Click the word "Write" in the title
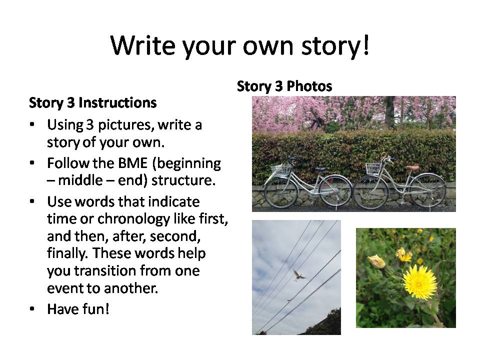(x=143, y=45)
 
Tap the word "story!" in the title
(x=335, y=46)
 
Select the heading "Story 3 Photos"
(x=284, y=86)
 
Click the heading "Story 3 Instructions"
(x=93, y=103)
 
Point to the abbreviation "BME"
(x=132, y=163)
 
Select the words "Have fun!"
(x=78, y=309)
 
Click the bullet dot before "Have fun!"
(x=32, y=309)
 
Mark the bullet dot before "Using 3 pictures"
(x=32, y=125)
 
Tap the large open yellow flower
(x=419, y=282)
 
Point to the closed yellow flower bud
(x=377, y=261)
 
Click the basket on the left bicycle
(x=281, y=169)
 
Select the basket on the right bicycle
(x=374, y=168)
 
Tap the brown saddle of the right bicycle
(x=412, y=168)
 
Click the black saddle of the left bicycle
(x=320, y=169)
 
